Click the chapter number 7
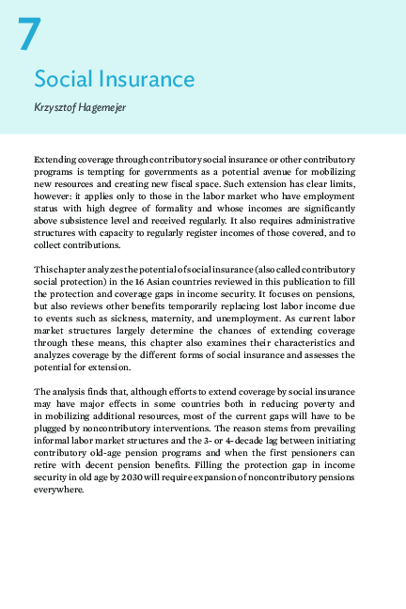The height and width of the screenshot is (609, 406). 29,36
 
